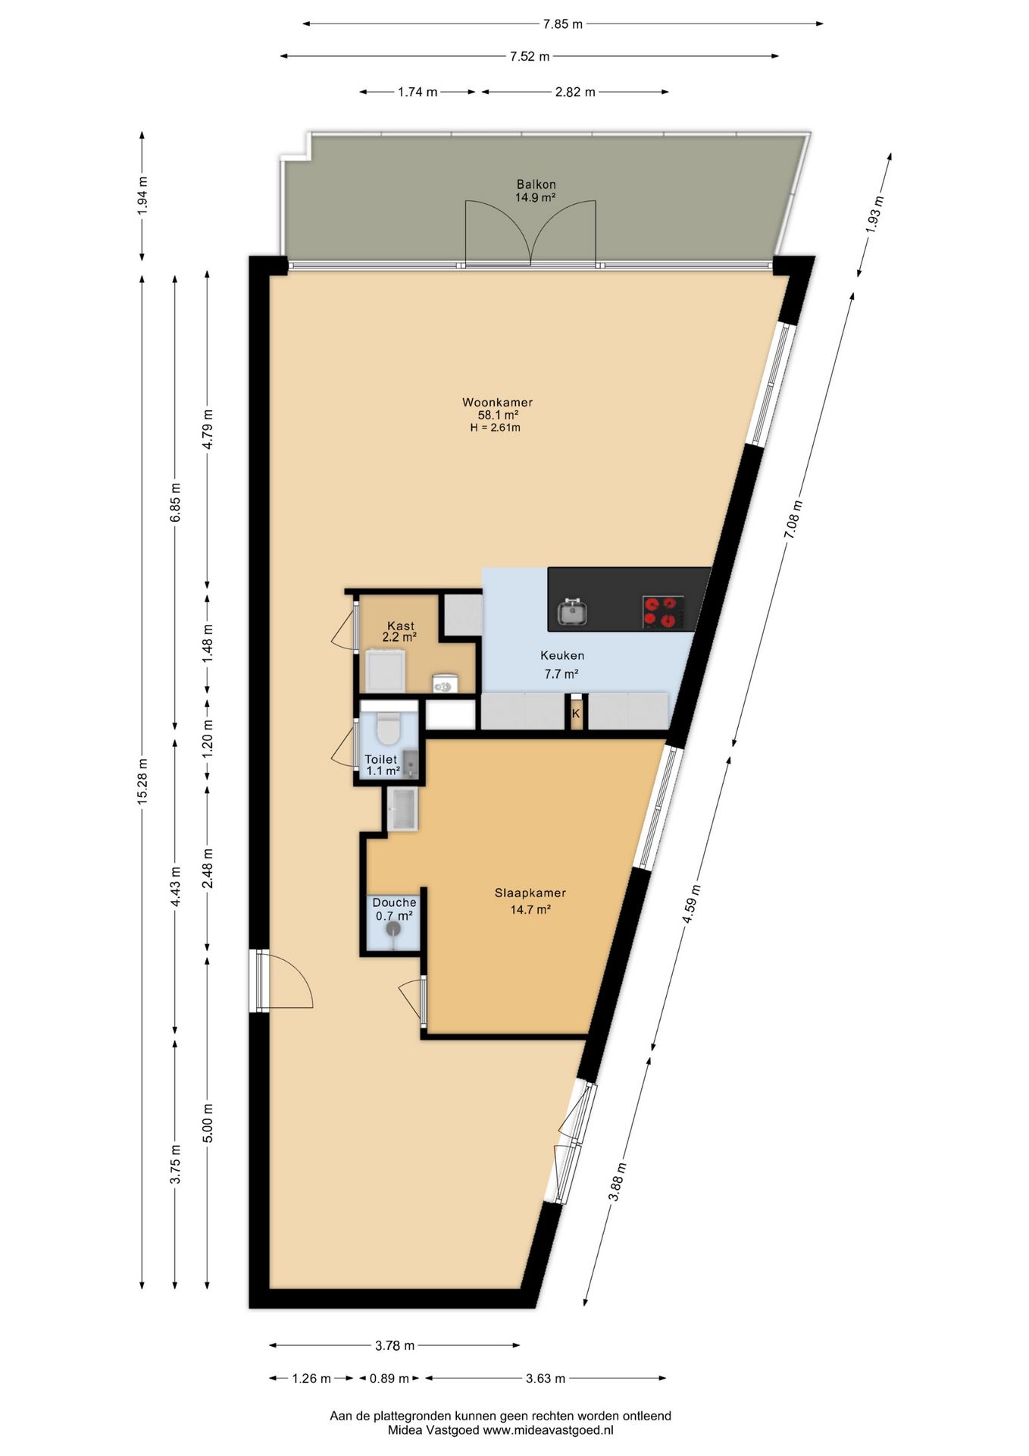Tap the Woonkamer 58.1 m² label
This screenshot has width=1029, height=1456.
point(497,409)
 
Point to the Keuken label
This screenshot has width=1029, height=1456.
point(561,655)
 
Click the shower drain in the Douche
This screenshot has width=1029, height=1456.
point(393,929)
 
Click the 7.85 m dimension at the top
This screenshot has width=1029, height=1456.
point(562,24)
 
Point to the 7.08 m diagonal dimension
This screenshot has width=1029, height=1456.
point(793,519)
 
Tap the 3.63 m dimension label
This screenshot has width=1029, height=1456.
point(546,1379)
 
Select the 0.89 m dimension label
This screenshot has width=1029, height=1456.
point(389,1379)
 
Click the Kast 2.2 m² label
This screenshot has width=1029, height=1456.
point(400,632)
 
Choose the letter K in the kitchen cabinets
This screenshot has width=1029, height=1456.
point(576,714)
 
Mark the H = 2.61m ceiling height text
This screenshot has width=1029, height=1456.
point(496,428)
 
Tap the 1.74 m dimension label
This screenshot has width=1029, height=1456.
point(418,93)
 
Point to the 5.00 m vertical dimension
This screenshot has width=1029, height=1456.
point(208,1123)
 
